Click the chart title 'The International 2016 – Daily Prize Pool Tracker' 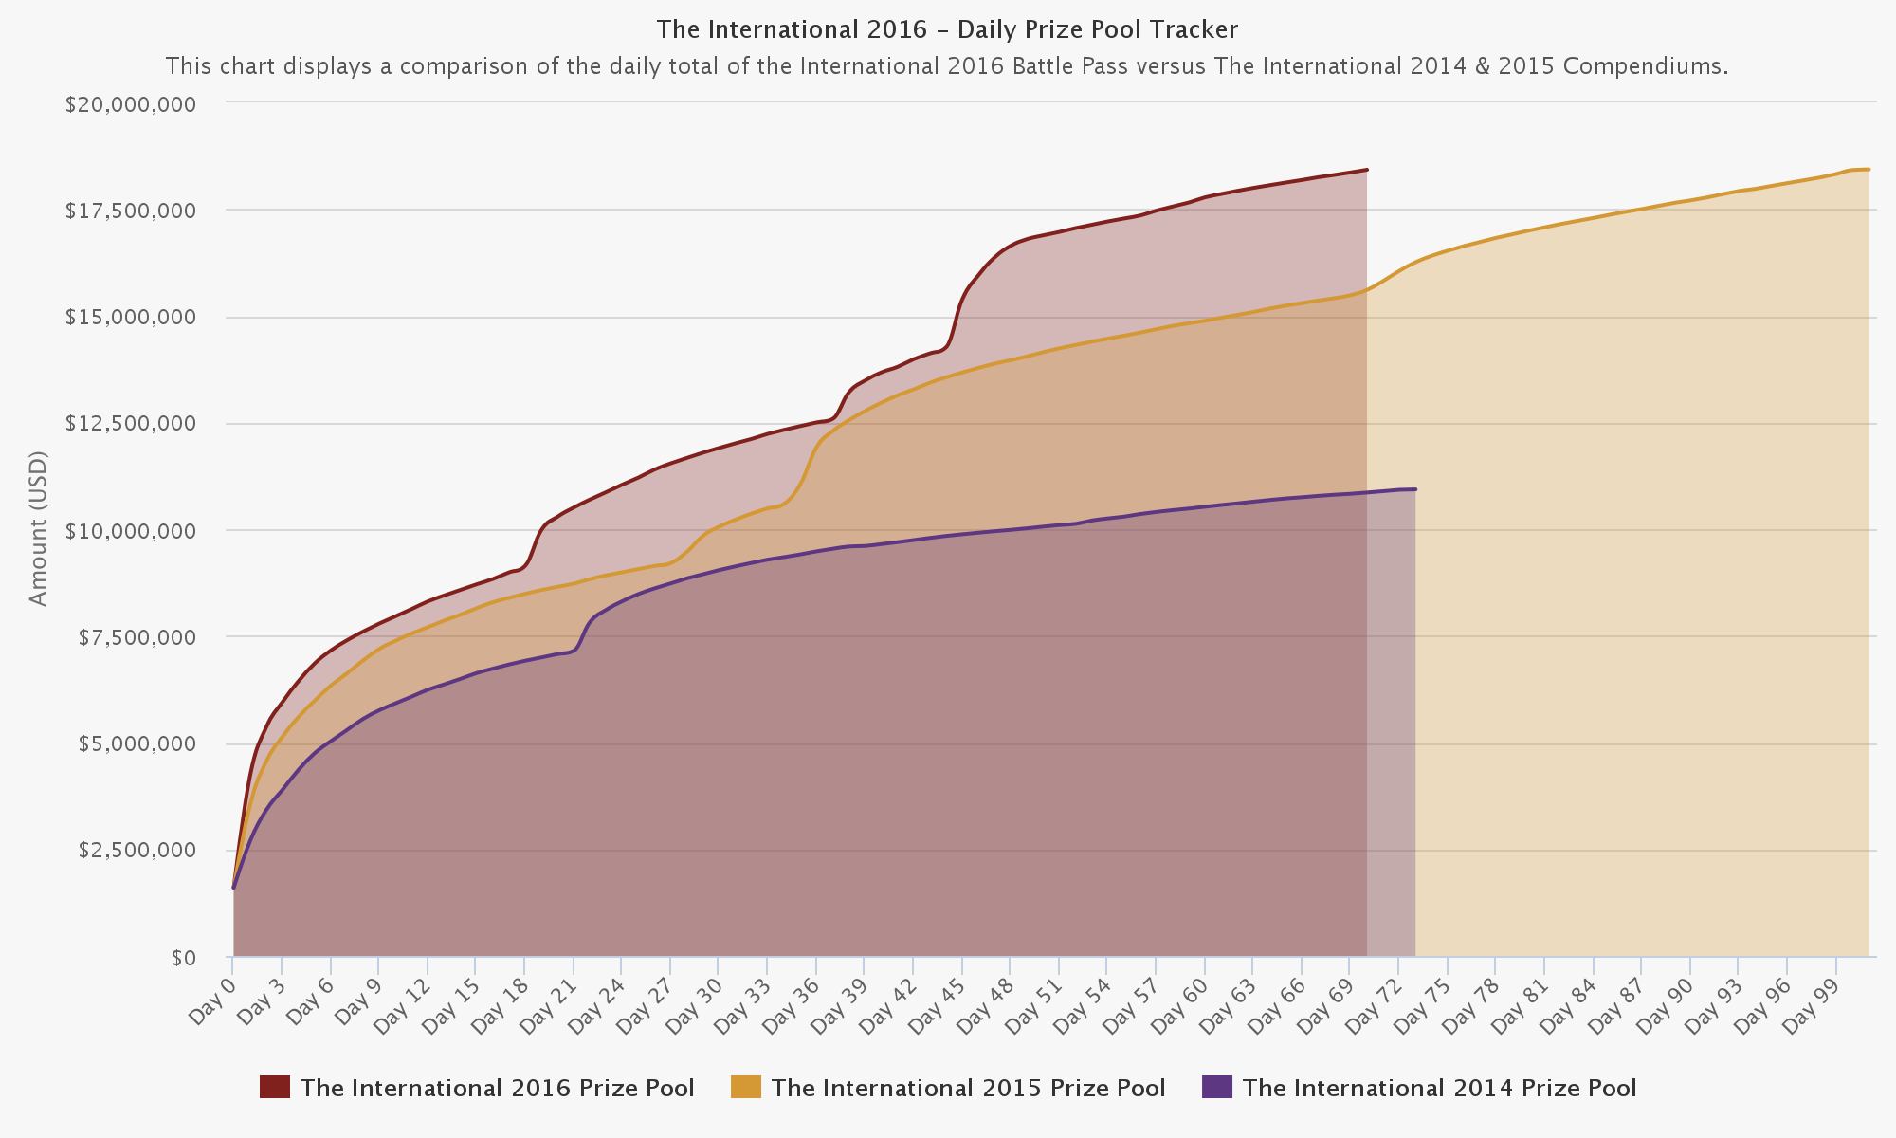click(947, 29)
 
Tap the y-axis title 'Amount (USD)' click(38, 528)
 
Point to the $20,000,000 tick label click(131, 103)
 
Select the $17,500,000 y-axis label click(131, 211)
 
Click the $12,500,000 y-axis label click(131, 423)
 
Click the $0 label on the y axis click(183, 958)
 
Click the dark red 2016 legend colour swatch click(274, 1087)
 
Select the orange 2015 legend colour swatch click(745, 1087)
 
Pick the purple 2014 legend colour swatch click(1216, 1087)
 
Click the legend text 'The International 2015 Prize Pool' click(968, 1088)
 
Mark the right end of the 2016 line click(1366, 170)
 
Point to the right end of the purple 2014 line click(1414, 489)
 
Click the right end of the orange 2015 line click(1868, 170)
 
